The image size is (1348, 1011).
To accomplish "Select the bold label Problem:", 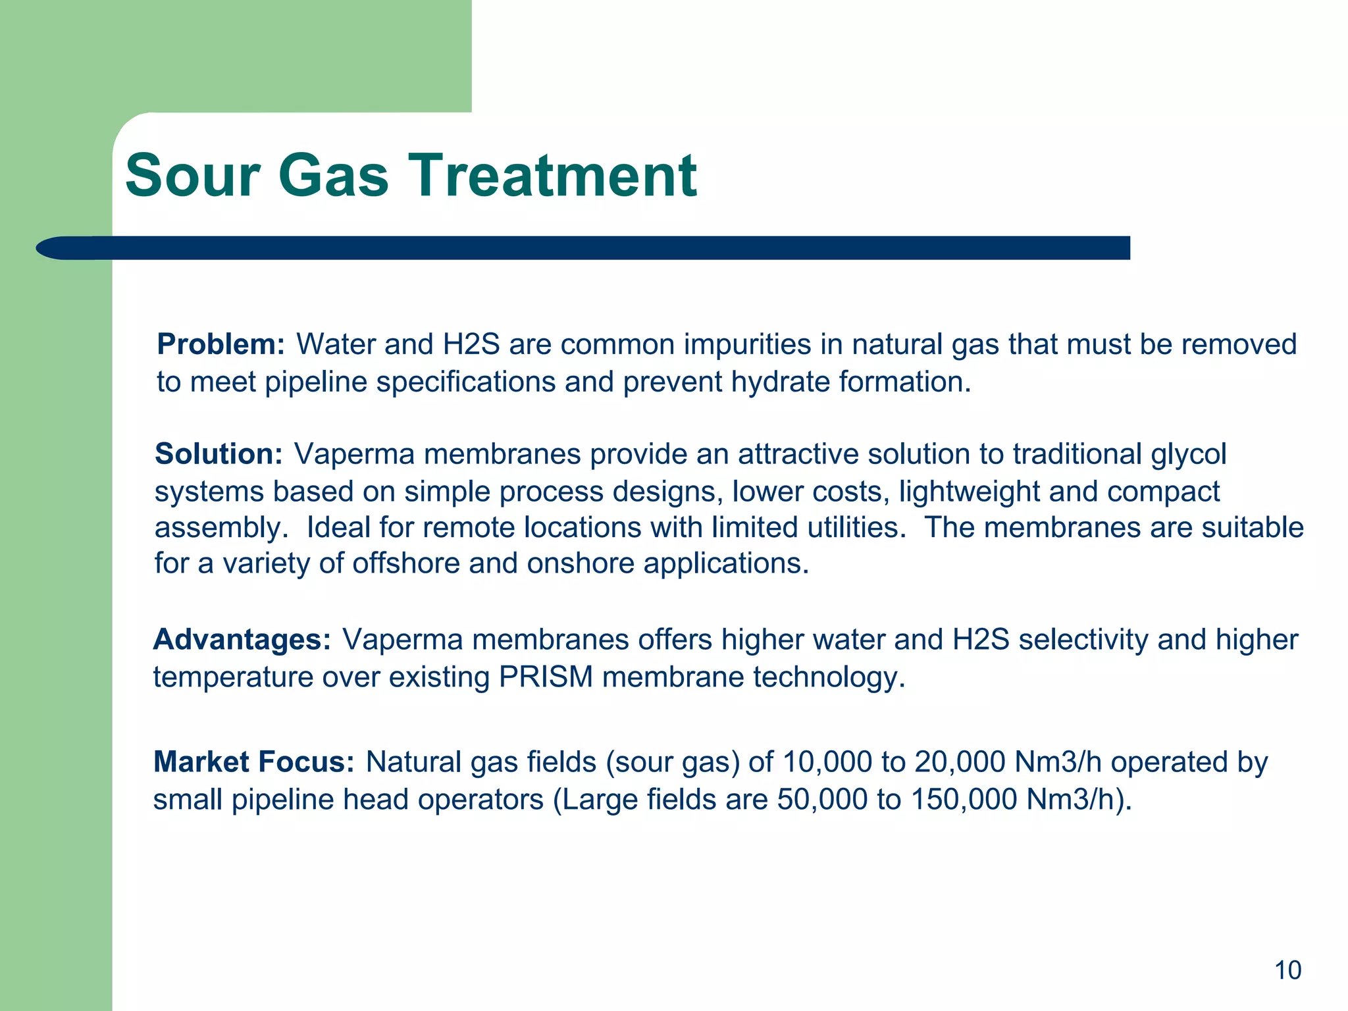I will [x=220, y=344].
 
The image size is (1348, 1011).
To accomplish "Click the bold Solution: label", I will [x=219, y=454].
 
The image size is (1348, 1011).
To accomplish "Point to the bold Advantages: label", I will [x=242, y=640].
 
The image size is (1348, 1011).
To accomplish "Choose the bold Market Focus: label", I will [x=253, y=762].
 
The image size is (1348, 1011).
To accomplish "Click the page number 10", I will [x=1287, y=970].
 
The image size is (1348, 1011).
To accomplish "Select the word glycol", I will [x=1189, y=455].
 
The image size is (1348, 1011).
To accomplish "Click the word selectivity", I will [x=1083, y=640].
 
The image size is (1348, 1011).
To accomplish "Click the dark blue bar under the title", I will [x=592, y=248].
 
